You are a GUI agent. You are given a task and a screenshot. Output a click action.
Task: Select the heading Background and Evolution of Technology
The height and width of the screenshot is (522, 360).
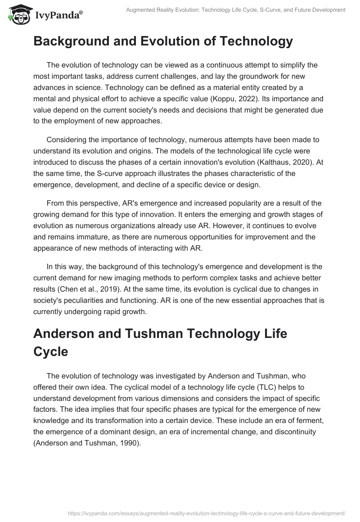click(163, 41)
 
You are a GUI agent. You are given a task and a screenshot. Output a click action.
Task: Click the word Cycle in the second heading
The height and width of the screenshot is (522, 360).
click(50, 351)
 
